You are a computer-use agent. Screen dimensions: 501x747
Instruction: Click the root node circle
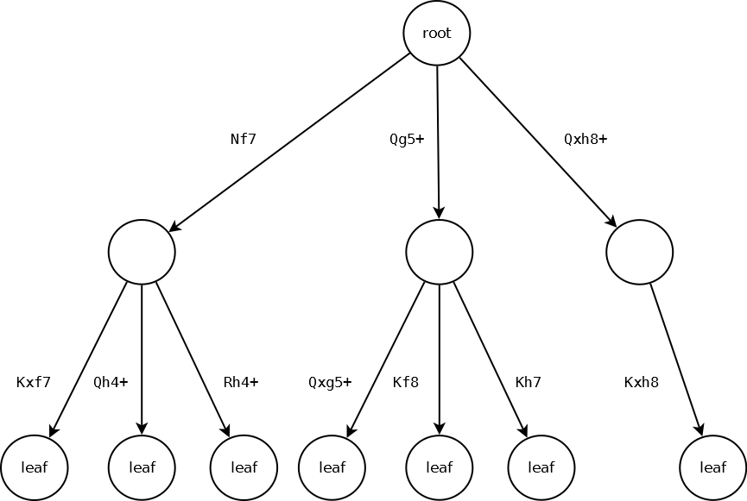(436, 34)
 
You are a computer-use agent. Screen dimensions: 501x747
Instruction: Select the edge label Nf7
(244, 139)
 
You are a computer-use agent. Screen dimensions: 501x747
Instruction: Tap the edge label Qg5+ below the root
(407, 139)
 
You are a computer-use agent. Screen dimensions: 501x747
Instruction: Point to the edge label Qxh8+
(586, 139)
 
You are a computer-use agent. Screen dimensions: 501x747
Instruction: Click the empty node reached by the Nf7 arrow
(142, 252)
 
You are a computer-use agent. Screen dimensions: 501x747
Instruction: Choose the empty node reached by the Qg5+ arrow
(439, 252)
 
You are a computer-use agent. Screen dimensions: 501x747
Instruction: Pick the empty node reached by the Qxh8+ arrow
(639, 252)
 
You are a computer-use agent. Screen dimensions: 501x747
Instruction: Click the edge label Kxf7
(34, 382)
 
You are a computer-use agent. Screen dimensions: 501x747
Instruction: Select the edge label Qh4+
(111, 382)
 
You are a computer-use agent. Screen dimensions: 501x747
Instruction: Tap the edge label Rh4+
(241, 382)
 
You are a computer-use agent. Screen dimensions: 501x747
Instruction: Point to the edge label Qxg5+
(330, 382)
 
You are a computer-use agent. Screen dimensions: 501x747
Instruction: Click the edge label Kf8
(406, 382)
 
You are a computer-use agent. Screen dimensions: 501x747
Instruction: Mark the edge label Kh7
(529, 382)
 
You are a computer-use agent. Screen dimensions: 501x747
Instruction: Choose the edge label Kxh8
(642, 382)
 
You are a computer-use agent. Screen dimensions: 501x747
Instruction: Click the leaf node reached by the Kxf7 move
(34, 467)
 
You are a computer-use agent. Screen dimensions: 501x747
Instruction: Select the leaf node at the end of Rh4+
(244, 467)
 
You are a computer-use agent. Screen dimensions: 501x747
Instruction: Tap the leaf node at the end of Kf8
(439, 467)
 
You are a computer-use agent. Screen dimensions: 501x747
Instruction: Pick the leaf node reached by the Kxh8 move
(712, 467)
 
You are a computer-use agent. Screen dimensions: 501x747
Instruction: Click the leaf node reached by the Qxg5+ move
(332, 467)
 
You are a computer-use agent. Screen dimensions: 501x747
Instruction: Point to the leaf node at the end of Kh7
(541, 467)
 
